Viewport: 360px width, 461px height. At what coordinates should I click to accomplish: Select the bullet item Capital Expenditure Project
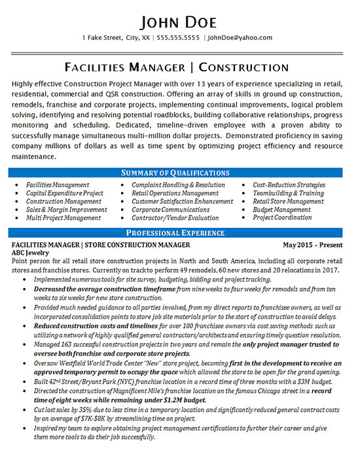click(65, 193)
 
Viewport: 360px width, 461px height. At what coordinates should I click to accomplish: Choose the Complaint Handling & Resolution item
click(178, 185)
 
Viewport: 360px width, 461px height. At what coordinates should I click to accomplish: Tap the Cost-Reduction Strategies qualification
click(289, 185)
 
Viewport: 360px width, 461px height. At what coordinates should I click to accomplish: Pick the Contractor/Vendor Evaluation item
click(175, 217)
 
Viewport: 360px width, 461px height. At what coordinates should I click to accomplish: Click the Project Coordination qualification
click(282, 217)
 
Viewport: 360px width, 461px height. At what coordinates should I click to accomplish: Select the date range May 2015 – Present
click(312, 244)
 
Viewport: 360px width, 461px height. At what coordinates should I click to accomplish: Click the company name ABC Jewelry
click(31, 252)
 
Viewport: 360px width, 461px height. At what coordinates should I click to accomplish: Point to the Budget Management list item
click(281, 210)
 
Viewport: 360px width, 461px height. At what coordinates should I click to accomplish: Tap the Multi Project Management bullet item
click(63, 217)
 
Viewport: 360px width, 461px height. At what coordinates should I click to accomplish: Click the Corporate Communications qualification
click(170, 210)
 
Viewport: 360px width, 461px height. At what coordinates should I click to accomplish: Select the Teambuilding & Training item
click(288, 193)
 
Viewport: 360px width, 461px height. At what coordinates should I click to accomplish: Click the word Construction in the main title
click(243, 67)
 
